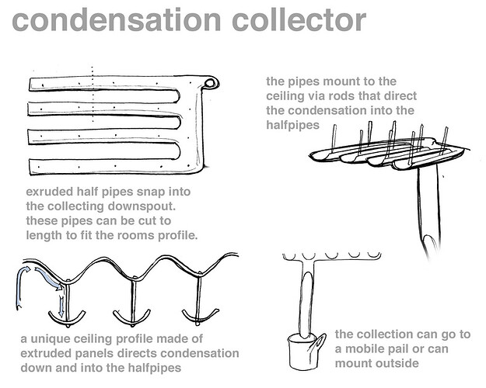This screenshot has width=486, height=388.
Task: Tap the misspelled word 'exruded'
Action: [x=50, y=192]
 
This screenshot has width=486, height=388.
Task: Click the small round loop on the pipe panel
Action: [x=212, y=82]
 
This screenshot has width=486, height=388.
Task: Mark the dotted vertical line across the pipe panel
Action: [x=93, y=116]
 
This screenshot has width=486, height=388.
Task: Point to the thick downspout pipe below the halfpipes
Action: [x=425, y=210]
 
